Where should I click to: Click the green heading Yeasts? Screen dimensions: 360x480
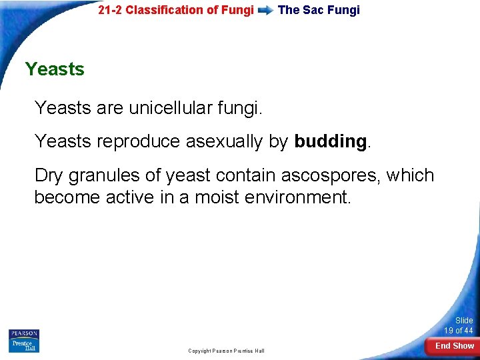[55, 69]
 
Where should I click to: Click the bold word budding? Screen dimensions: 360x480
[330, 141]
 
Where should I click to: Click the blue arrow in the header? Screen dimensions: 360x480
[265, 10]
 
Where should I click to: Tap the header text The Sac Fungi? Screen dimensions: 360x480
[319, 10]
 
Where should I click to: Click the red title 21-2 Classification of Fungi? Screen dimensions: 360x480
[175, 10]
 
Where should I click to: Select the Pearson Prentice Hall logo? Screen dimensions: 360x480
[24, 340]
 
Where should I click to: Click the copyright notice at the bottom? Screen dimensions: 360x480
[226, 351]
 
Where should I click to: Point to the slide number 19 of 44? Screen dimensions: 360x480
[459, 326]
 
